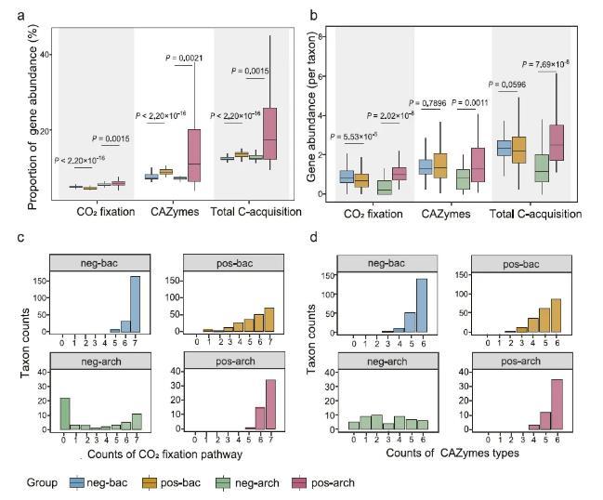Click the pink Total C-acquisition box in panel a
270,135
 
